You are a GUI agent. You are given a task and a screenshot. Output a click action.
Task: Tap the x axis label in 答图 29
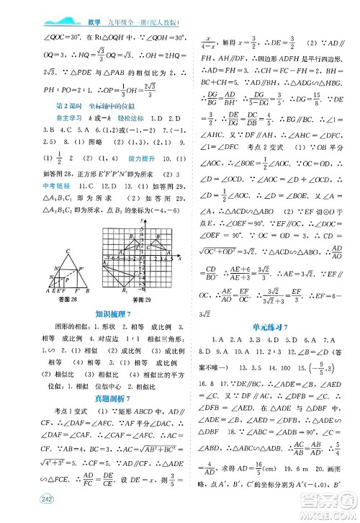[x=179, y=257]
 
